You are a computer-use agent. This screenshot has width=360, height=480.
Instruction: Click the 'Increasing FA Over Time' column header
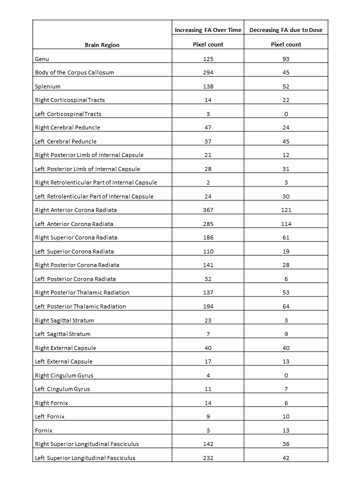point(208,30)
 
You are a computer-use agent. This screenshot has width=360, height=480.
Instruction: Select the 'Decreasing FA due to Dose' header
point(286,30)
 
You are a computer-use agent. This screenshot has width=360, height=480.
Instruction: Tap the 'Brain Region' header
point(102,45)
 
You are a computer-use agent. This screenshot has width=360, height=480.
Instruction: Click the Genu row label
point(42,59)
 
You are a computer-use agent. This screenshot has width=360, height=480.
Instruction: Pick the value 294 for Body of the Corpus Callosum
point(208,72)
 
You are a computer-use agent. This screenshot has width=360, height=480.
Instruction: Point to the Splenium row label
point(47,86)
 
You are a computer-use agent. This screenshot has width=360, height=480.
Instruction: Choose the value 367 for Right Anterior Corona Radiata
point(208,210)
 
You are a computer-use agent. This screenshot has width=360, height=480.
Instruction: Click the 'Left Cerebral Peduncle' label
point(65,141)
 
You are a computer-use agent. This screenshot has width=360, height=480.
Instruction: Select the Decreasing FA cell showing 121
point(286,210)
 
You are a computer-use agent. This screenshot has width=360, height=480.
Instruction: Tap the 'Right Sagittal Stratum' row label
point(64,320)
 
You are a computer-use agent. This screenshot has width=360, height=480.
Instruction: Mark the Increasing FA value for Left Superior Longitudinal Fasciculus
point(208,458)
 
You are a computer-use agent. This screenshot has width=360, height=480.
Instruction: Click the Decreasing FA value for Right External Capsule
point(286,348)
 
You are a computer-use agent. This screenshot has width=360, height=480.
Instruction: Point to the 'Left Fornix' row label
point(49,416)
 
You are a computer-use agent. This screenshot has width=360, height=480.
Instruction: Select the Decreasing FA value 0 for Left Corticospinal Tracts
point(286,114)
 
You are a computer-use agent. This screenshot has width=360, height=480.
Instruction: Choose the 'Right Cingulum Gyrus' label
point(64,375)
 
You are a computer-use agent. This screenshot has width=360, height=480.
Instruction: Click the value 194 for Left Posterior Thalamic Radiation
point(208,306)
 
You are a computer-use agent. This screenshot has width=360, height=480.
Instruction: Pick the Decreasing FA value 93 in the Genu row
point(286,59)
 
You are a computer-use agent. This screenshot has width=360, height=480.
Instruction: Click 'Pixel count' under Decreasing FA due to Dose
point(286,45)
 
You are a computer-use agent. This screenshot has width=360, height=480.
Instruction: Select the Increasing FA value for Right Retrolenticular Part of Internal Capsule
point(208,182)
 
